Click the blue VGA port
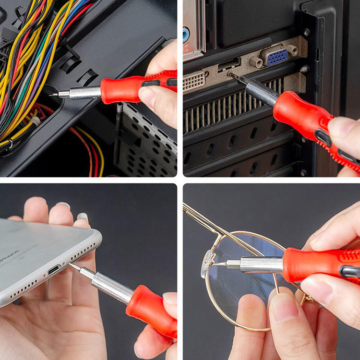tap(277, 57)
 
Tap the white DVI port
tap(194, 81)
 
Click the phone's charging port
tap(54, 269)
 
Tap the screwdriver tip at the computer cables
tap(51, 95)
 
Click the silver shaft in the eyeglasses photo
tap(259, 264)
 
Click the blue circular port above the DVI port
tap(186, 34)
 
